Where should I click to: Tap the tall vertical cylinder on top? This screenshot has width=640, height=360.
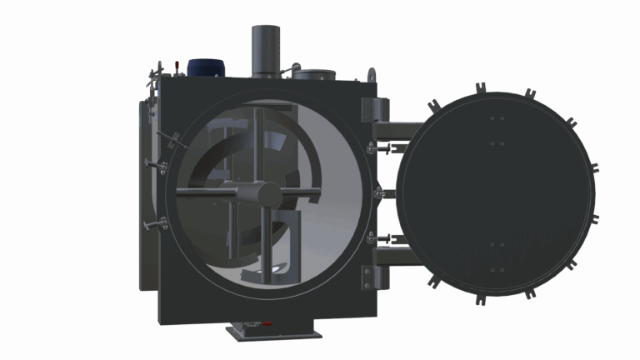265,49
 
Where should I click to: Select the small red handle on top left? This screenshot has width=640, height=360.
176,64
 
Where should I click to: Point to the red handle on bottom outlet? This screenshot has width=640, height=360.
267,323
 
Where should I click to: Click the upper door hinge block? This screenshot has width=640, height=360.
374,109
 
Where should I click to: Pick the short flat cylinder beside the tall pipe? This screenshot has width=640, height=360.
311,73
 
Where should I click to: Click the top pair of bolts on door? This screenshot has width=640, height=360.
497,119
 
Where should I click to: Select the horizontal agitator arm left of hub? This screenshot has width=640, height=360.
208,192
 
